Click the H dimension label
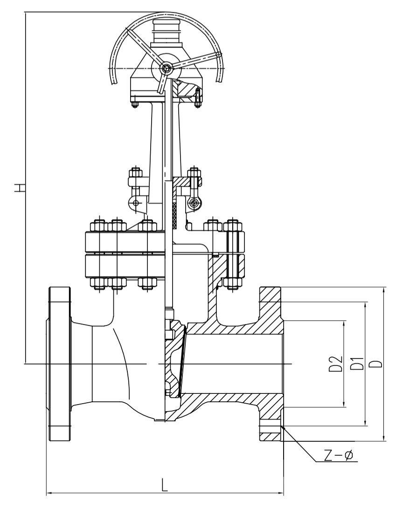(20, 188)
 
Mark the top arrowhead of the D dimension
(384, 290)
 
